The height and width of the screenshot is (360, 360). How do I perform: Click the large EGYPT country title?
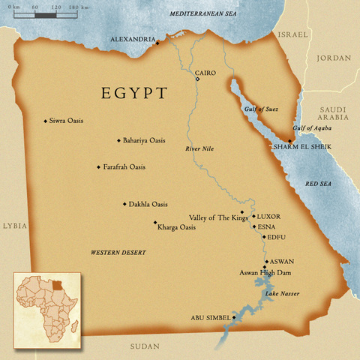[x=134, y=94]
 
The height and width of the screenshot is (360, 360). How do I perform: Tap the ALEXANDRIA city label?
[x=132, y=39]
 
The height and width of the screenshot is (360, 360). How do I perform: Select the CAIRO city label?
[x=205, y=73]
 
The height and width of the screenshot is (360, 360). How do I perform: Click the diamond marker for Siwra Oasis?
[x=46, y=120]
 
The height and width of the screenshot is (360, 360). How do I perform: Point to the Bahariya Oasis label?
[x=145, y=140]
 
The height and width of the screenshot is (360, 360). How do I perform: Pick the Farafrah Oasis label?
[x=124, y=166]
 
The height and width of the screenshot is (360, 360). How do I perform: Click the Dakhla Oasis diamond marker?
[x=124, y=204]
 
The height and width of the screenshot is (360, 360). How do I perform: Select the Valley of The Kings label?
[x=217, y=217]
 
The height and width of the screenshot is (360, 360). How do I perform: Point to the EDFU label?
[x=277, y=237]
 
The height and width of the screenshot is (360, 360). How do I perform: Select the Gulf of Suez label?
[x=262, y=109]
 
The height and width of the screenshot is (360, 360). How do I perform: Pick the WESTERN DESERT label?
[x=112, y=253]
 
